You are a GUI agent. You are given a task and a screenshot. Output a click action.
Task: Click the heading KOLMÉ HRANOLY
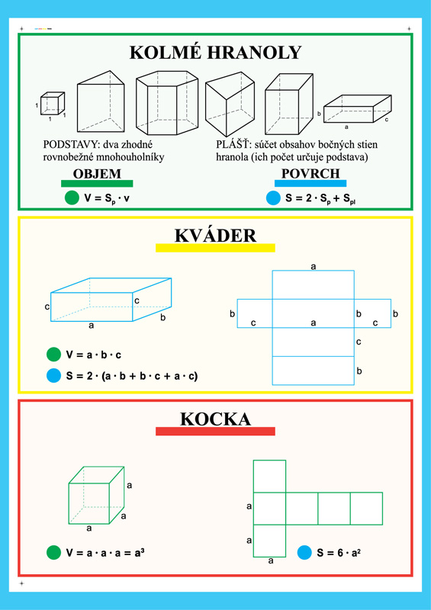pos(215,53)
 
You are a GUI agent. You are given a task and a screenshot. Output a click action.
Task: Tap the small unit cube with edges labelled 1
pos(53,103)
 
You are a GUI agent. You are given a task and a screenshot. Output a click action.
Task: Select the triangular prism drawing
pos(101,101)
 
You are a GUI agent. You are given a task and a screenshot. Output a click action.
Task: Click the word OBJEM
pos(97,174)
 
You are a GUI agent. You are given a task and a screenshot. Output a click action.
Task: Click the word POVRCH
pos(310,174)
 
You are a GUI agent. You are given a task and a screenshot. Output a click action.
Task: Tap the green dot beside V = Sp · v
pos(72,198)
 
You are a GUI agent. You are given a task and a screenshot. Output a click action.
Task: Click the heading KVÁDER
pos(215,236)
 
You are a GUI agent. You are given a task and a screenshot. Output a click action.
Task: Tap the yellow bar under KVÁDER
pos(215,248)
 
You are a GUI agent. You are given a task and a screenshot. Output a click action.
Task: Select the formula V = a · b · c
pos(93,355)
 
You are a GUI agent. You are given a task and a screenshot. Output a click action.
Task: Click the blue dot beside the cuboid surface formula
pos(53,376)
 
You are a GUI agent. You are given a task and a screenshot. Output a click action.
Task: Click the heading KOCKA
pos(215,419)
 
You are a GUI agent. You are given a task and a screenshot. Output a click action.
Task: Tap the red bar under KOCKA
pos(215,431)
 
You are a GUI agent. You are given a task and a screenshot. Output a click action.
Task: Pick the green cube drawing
pos(97,495)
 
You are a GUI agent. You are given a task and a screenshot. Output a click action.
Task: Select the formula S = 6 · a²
pos(339,553)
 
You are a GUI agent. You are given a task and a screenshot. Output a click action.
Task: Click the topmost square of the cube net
pos(269,476)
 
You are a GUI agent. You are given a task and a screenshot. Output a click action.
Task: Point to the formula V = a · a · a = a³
pos(105,552)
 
